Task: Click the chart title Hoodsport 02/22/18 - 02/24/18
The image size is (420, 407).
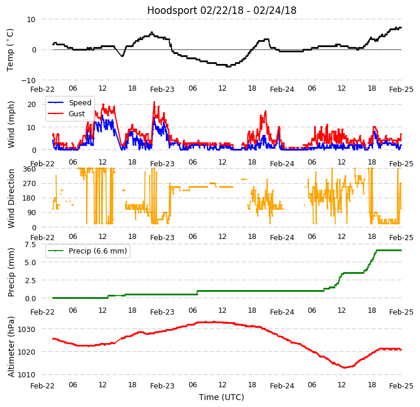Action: (x=222, y=10)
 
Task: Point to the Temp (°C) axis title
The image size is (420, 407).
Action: (x=10, y=49)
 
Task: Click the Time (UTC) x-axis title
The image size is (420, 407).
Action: (x=222, y=397)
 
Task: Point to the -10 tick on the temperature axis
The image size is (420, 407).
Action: (x=29, y=80)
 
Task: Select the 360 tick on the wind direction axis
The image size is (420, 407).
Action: (x=29, y=169)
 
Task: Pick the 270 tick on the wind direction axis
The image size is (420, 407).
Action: (x=29, y=184)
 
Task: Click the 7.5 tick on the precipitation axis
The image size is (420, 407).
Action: (x=30, y=245)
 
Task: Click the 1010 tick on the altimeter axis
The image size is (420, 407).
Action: (x=27, y=375)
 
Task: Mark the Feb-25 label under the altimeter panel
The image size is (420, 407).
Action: (x=401, y=386)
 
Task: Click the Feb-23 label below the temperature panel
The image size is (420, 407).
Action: (x=162, y=90)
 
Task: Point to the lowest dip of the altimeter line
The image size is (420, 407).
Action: (x=344, y=367)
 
